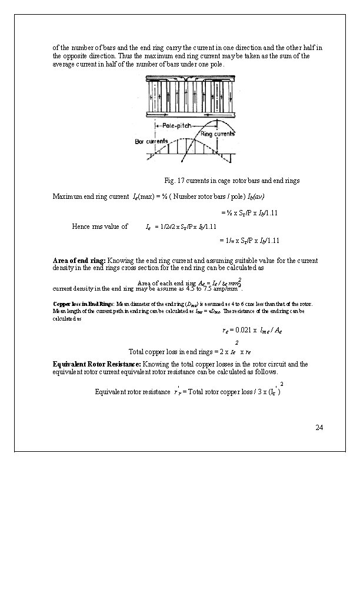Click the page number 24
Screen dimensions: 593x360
(319, 427)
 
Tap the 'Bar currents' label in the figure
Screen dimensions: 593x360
(151, 141)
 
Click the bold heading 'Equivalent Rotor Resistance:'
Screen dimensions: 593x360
(97, 364)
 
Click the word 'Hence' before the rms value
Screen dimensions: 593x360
(81, 226)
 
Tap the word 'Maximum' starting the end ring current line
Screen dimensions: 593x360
(68, 195)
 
